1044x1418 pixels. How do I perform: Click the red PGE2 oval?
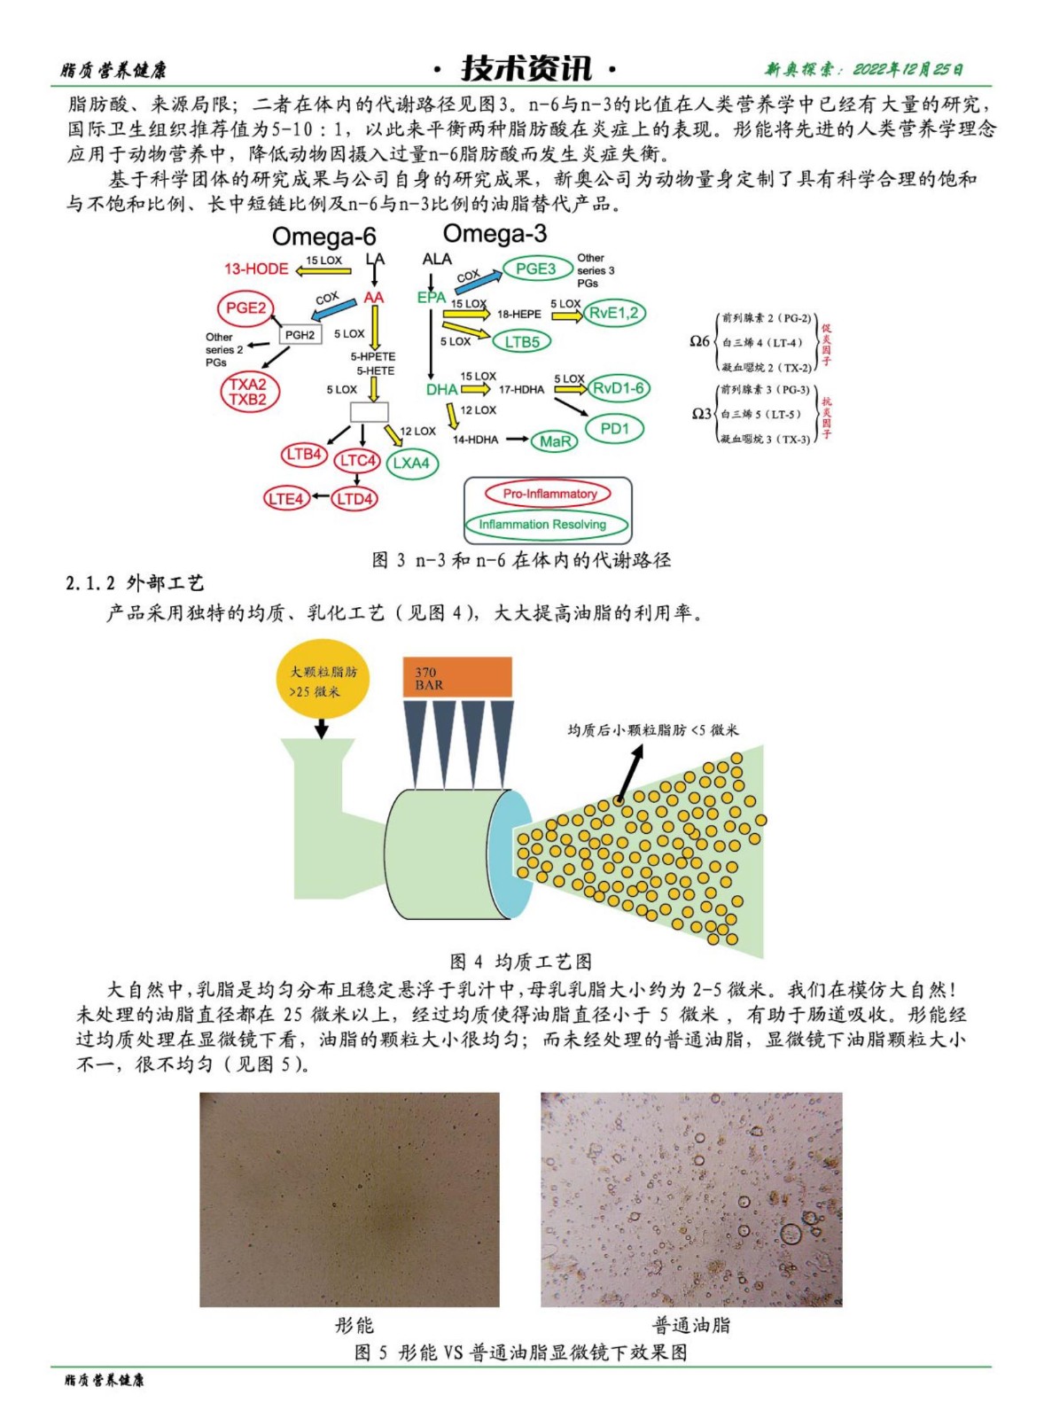245,308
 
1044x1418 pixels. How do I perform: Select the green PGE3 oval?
536,269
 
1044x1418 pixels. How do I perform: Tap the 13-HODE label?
256,269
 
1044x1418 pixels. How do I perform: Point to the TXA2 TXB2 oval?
248,392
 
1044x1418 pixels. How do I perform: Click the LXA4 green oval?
411,463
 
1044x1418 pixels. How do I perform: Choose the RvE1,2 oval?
613,312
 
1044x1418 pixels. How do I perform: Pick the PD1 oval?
614,429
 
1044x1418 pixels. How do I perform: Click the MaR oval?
555,441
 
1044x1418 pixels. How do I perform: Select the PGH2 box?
300,335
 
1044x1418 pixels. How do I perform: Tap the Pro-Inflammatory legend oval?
549,494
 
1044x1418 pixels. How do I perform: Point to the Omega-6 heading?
323,237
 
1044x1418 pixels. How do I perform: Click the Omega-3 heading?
495,234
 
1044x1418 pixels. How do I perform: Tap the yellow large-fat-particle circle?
323,681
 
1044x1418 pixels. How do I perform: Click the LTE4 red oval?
285,499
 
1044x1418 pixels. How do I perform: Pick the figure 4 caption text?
520,962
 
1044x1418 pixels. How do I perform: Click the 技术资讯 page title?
526,68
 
